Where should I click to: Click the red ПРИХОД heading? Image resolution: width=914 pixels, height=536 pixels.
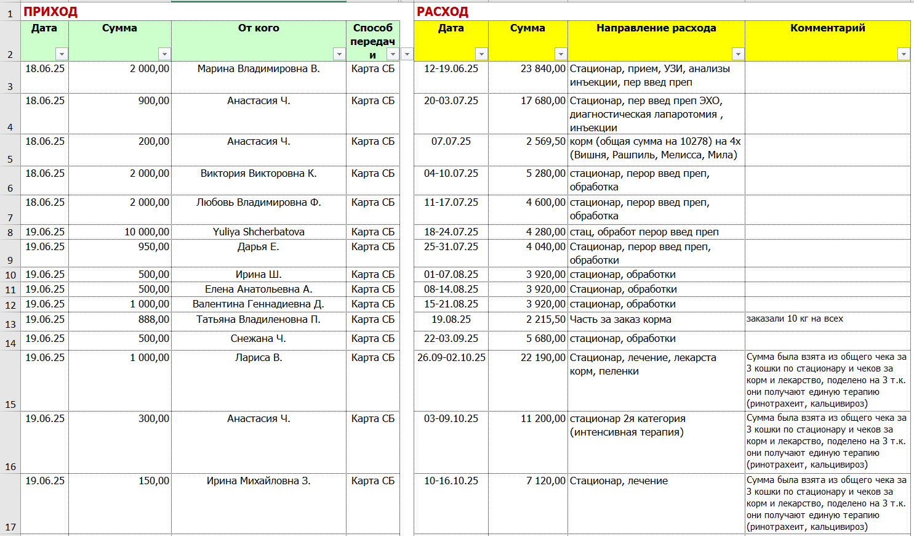point(50,12)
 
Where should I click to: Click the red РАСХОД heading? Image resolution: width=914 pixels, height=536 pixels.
point(443,12)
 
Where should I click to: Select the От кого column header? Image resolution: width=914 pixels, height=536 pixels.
point(259,28)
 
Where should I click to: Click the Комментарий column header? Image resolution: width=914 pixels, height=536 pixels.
point(827,28)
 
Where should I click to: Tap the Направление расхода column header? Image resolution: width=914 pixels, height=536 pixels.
point(656,28)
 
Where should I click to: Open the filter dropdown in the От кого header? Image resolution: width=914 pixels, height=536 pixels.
point(339,54)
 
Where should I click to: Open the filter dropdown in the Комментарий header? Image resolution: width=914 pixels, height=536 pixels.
point(904,54)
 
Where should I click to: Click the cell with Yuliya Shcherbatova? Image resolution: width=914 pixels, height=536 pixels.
point(259,232)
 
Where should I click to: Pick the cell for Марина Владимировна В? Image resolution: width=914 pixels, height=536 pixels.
point(259,69)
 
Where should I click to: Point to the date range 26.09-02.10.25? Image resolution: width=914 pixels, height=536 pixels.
point(451,358)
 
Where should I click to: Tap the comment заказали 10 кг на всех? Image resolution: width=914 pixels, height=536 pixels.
point(795,319)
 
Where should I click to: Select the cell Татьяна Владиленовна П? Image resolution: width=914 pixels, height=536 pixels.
point(259,320)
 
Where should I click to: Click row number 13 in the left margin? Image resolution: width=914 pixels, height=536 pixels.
point(10,324)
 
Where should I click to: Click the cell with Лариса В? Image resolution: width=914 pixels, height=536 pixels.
point(259,358)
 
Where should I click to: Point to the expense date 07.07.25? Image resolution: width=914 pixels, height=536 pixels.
point(451,142)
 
